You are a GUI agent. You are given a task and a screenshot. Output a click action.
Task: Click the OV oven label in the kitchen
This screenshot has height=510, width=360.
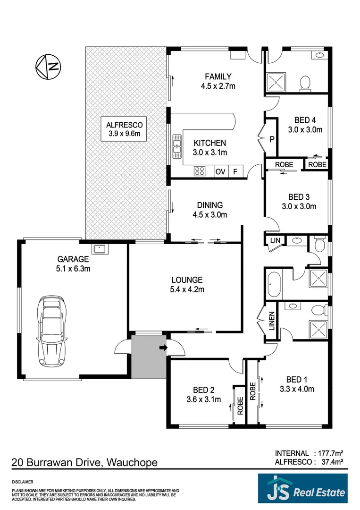point(220,172)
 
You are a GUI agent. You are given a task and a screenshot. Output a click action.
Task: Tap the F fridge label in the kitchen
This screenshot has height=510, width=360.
point(235,172)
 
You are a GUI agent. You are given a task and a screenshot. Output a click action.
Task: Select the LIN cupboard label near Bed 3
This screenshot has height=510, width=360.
point(275,241)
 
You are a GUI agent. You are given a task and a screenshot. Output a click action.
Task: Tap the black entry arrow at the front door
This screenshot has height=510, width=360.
point(163,348)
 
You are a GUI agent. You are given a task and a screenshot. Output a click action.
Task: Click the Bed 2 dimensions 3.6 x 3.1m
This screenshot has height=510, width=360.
point(204,399)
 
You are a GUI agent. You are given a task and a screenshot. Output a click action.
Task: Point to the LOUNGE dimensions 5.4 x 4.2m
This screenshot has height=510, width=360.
point(187,289)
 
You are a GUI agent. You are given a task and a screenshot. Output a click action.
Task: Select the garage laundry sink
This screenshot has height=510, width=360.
point(100,248)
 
